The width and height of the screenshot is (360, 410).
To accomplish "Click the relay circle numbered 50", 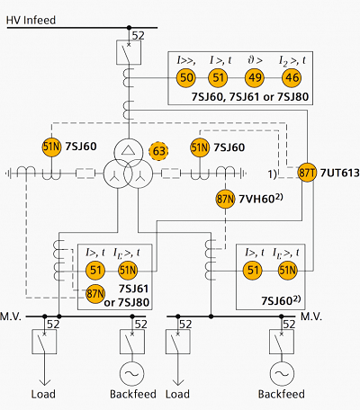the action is coord(186,77).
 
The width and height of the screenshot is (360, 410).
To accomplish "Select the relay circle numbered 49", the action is coord(255,77).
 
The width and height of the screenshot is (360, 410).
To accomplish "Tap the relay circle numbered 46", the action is coord(292,77).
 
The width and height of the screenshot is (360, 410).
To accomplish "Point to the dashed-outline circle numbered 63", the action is coord(158,151).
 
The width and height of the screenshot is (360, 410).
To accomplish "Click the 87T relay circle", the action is coord(307,173).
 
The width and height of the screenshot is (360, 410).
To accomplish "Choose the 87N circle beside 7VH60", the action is coord(225,199).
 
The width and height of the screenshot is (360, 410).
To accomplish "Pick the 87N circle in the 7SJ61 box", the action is coord(95,294).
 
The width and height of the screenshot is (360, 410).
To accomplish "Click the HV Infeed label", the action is coord(31,20).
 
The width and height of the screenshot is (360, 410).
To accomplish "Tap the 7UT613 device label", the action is coord(340,173).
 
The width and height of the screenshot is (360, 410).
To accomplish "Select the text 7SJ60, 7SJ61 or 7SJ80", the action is coord(250,97).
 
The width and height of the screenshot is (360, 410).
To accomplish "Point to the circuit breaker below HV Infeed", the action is coord(129,52).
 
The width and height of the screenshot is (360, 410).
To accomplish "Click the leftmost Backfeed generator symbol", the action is coord(132,373).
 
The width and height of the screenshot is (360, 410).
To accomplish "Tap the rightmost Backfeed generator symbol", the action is coord(282,373).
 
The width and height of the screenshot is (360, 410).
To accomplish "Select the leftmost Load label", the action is coord(43,394).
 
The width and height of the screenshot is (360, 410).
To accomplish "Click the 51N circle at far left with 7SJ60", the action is coord(51,147).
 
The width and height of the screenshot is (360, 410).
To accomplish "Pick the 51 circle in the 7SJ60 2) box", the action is coord(253,271).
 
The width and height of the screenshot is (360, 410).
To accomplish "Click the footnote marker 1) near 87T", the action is coord(272,174).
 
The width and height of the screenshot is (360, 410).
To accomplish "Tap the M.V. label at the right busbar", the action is coord(311,316).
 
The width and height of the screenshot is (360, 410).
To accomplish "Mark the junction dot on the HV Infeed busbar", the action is coord(129,28).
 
